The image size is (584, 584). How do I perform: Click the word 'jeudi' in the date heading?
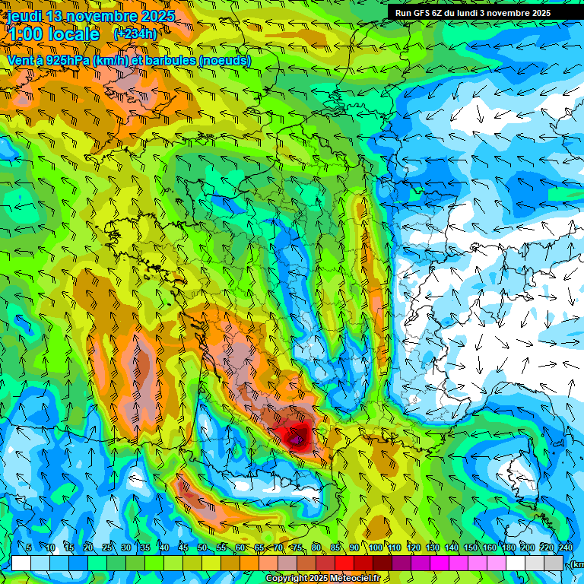click(24, 16)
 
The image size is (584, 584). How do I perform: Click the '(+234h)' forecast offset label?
click(135, 33)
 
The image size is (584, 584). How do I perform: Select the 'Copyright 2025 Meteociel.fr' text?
click(322, 579)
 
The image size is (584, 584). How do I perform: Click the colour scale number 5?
click(29, 548)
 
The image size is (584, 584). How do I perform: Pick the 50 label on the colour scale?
click(202, 548)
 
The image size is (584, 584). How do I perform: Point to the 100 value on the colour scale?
click(375, 548)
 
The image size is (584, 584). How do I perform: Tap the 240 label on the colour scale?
click(566, 548)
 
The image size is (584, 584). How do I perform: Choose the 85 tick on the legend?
click(335, 548)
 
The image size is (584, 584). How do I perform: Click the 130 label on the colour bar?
click(433, 548)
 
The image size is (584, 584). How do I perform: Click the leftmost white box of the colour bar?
click(21, 563)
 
